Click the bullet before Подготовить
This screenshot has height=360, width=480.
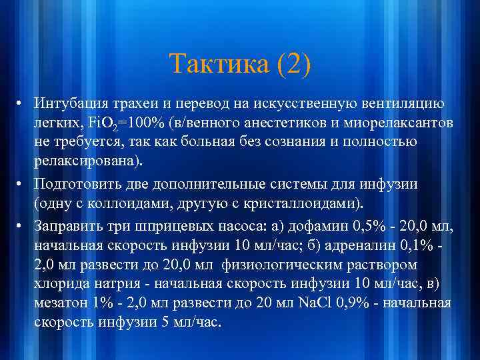pyautogui.click(x=22, y=184)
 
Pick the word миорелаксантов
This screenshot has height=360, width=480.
pyautogui.click(x=390, y=124)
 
